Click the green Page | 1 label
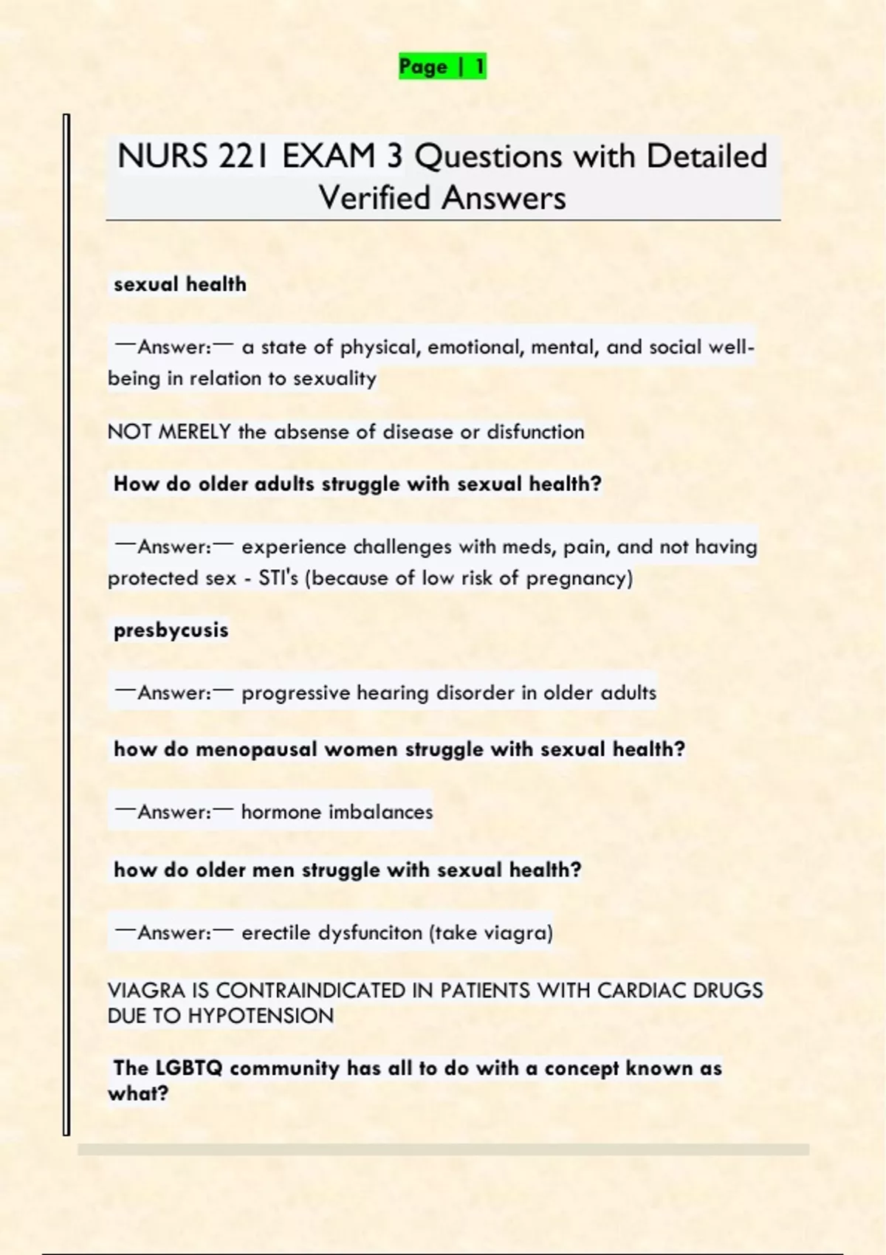[442, 66]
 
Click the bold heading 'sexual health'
[180, 284]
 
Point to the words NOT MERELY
[169, 432]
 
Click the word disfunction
[535, 432]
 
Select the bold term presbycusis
[171, 630]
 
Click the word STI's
[278, 578]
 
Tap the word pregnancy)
[580, 578]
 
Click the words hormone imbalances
[337, 812]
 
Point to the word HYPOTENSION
[261, 1017]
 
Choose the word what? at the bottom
[138, 1093]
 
